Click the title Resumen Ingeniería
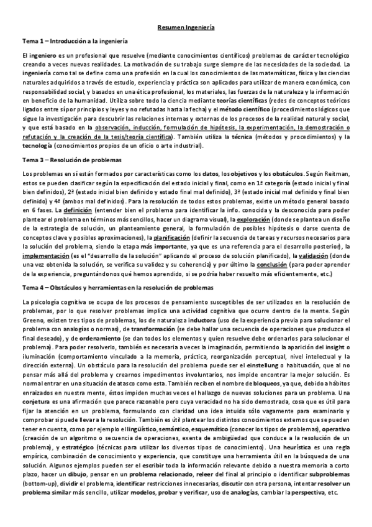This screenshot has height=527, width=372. coord(186,27)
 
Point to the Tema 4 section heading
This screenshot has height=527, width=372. coord(117,288)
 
